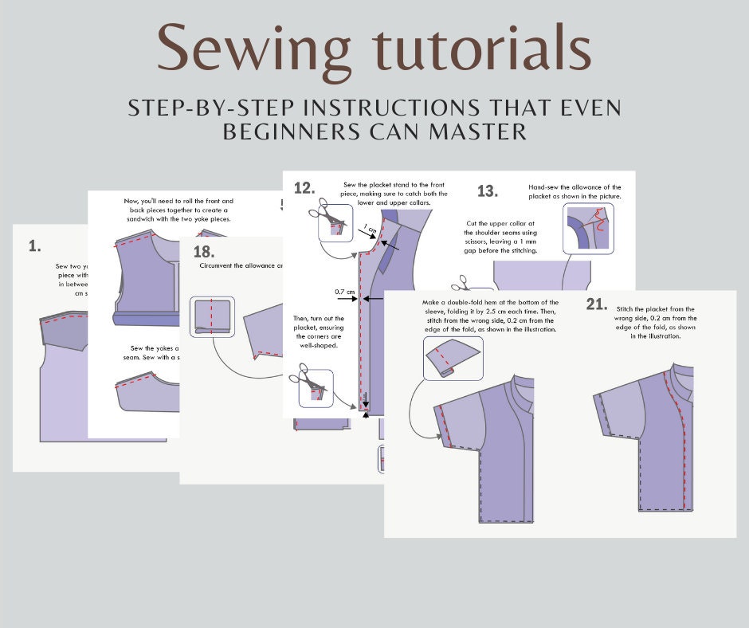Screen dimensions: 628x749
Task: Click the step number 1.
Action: [x=34, y=246]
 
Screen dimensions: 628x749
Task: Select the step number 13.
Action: [x=487, y=191]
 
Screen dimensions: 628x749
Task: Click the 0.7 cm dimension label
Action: [x=344, y=292]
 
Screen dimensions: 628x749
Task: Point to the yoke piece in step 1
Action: [x=75, y=332]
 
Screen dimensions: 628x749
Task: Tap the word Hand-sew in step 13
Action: [x=545, y=187]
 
